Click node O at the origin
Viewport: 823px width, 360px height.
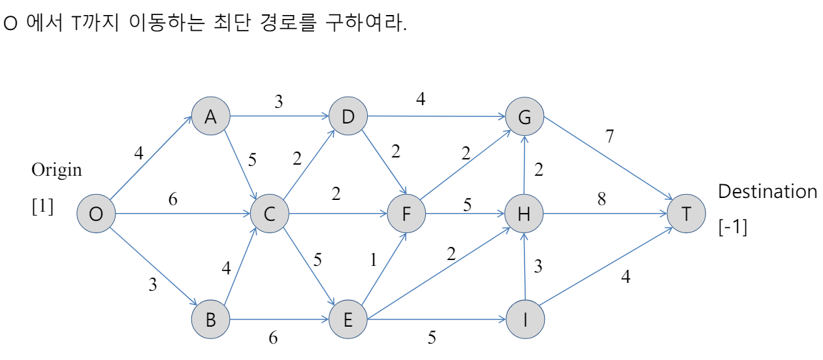tap(96, 214)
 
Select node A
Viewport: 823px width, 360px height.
tap(210, 117)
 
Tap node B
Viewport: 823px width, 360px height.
tap(210, 320)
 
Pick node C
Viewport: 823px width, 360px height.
tap(269, 214)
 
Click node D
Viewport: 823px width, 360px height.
tap(347, 117)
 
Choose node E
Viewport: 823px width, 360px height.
tap(347, 320)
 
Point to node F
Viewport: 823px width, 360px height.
tap(406, 214)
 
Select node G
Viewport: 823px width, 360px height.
tap(524, 117)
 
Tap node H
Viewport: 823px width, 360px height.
tap(524, 214)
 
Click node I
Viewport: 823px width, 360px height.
tap(524, 320)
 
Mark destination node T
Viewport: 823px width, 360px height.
tap(686, 214)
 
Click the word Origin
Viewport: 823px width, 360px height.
tap(57, 171)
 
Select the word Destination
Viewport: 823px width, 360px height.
tap(767, 192)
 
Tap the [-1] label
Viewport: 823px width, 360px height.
tap(733, 228)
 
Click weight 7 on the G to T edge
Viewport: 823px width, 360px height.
tap(610, 137)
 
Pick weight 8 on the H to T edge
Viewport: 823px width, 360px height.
tap(601, 199)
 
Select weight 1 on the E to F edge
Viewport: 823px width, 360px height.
tap(374, 260)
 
